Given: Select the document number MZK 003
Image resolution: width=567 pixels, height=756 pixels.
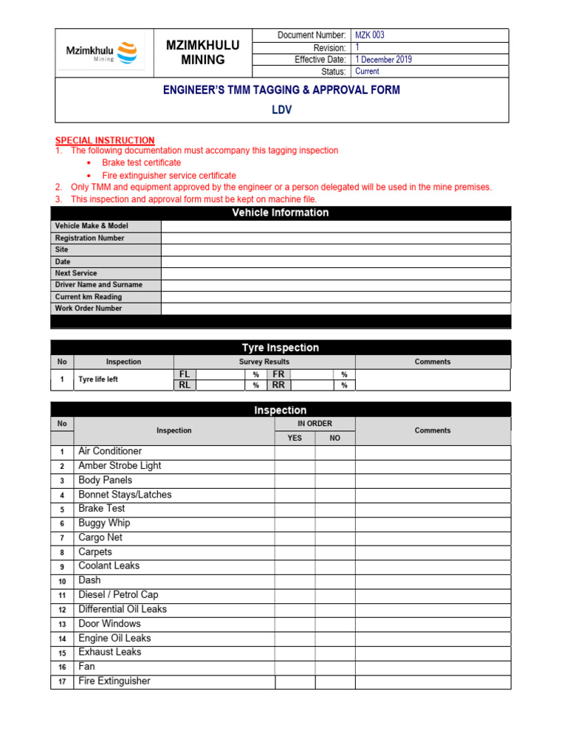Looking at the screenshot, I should (x=370, y=35).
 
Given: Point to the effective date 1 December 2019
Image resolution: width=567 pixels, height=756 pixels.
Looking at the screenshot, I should (x=383, y=59).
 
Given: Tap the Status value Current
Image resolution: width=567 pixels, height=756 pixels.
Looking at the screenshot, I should (x=367, y=72).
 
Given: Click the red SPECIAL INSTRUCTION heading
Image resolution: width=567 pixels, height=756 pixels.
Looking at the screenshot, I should (x=105, y=140).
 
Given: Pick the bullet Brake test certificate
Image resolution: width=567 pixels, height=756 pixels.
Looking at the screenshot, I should (x=141, y=162).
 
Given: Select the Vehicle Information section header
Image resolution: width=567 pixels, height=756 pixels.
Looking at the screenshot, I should (x=280, y=213).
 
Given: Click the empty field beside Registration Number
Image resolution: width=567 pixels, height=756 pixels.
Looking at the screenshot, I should (x=335, y=238).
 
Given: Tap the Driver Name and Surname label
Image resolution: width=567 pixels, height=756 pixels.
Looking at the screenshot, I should (x=98, y=285).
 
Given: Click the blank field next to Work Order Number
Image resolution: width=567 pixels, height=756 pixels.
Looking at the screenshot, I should (x=335, y=309).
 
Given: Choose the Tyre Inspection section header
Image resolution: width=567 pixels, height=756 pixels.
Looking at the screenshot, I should (x=280, y=348).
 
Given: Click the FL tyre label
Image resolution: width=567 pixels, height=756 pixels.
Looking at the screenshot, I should (x=185, y=374).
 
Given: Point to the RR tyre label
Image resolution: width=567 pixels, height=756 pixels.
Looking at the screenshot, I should (x=278, y=385).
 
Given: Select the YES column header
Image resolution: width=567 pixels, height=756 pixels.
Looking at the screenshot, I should (x=295, y=438).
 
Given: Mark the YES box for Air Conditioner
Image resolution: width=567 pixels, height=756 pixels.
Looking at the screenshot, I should (x=295, y=452).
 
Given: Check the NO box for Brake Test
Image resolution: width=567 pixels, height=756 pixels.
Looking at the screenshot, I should (x=334, y=509).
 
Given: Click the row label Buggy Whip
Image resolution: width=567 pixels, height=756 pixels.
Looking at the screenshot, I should (x=104, y=523).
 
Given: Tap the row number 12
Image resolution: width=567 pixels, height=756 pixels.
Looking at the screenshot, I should (x=62, y=610).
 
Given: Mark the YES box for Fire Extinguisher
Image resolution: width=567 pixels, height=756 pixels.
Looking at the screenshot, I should (x=295, y=681).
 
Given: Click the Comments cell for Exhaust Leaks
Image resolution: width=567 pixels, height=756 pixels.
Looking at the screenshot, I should (x=432, y=653).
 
